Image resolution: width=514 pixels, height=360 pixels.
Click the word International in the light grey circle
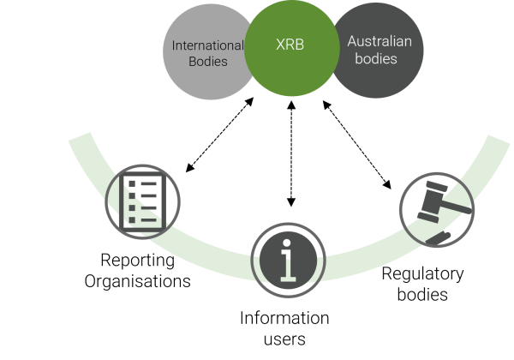click(x=208, y=45)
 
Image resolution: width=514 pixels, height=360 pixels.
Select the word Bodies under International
click(x=208, y=62)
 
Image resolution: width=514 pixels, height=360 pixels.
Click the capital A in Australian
click(x=352, y=42)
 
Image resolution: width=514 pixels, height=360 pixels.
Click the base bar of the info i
click(x=288, y=279)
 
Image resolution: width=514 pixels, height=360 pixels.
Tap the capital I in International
click(x=175, y=45)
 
